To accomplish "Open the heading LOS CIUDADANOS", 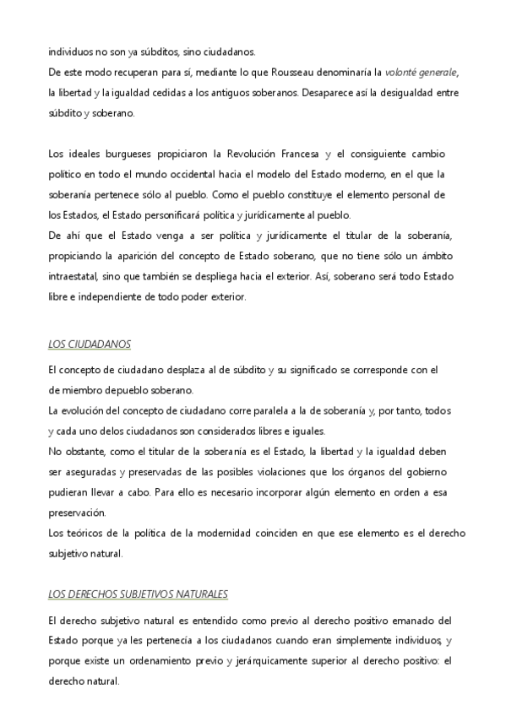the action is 89,344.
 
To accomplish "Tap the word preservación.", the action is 77,513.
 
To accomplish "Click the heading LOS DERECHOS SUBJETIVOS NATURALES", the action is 139,594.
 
